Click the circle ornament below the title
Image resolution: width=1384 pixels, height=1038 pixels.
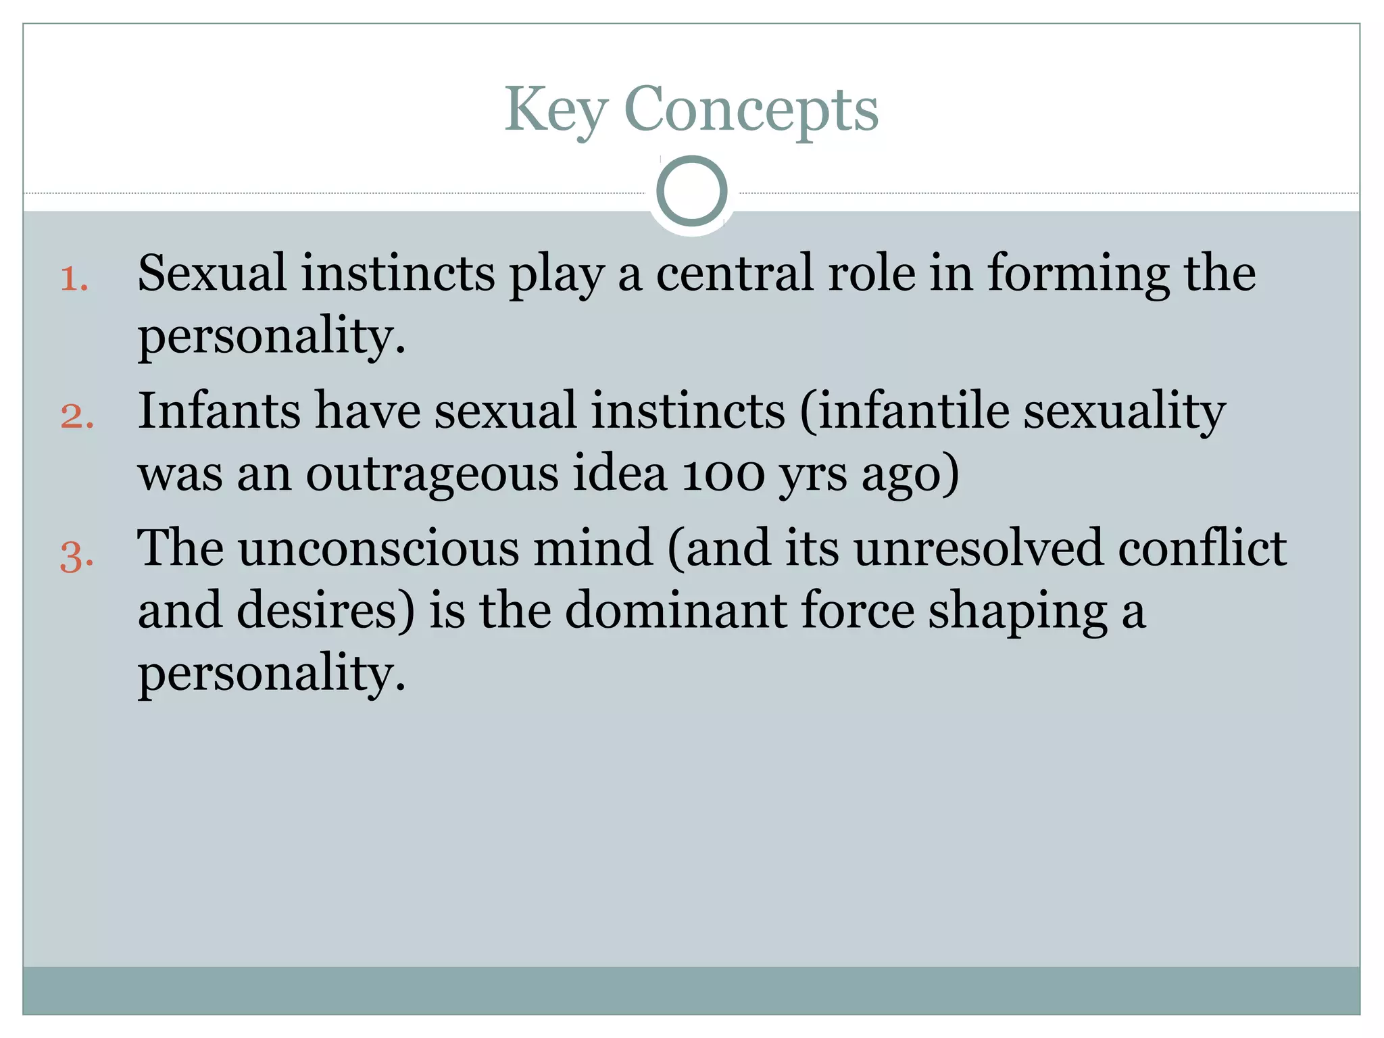[691, 191]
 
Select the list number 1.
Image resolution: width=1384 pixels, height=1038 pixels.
[74, 279]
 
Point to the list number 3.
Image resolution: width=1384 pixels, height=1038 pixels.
[76, 558]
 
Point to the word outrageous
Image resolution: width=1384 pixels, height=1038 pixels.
[432, 474]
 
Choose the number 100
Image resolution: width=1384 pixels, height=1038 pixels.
[722, 474]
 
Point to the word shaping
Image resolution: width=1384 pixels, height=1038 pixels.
[1018, 610]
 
